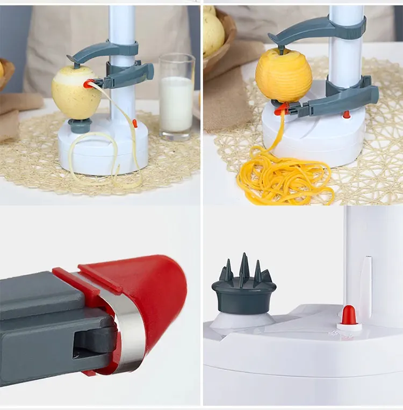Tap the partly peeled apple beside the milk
point(76,94)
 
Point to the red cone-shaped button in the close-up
point(349,316)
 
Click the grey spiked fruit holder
point(243,287)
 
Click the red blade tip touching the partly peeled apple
point(88,84)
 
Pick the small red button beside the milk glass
point(135,123)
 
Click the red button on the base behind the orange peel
point(347,114)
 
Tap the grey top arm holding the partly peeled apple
point(102,52)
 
